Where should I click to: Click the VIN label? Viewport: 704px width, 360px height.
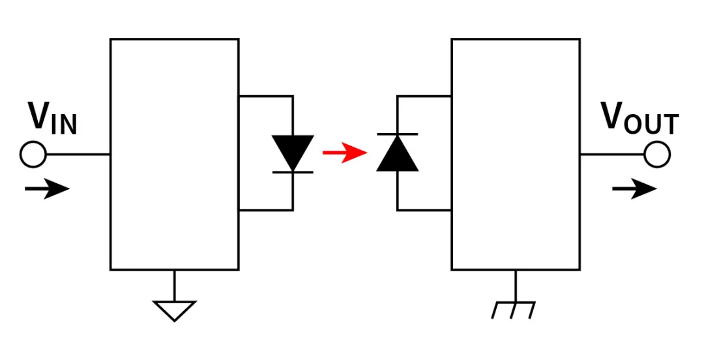tap(52, 119)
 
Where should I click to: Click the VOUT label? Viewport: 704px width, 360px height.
tap(639, 118)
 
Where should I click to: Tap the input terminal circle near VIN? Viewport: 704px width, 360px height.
tap(33, 155)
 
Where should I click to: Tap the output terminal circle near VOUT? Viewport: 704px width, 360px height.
tap(657, 155)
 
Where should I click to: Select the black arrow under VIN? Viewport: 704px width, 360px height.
tap(47, 190)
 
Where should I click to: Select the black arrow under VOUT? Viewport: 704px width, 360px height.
tap(634, 190)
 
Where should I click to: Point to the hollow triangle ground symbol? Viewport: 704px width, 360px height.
tap(174, 310)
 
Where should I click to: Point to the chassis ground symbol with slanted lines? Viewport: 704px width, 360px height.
tap(514, 309)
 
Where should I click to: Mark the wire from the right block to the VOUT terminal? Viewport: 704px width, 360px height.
tap(611, 155)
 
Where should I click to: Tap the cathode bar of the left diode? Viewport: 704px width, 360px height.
tap(293, 172)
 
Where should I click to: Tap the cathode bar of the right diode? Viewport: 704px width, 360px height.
tap(398, 134)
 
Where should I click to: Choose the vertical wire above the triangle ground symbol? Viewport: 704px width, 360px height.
tap(174, 284)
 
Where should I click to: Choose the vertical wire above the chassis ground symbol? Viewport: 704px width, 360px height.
tap(515, 285)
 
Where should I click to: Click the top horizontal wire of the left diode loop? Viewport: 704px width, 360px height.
tap(265, 96)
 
